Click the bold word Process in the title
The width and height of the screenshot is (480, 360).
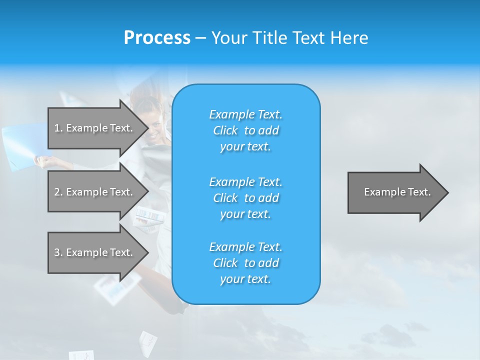(157, 38)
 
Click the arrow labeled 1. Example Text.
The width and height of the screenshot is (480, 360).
(95, 128)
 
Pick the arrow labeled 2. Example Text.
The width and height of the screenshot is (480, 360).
(95, 192)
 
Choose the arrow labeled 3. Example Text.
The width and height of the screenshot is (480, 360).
(95, 252)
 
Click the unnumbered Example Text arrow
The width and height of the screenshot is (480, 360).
(395, 192)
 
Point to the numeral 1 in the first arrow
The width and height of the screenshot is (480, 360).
(57, 128)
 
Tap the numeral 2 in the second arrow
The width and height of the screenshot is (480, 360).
(57, 192)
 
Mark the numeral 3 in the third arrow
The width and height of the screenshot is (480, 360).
(57, 252)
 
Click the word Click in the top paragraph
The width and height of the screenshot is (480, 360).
(225, 130)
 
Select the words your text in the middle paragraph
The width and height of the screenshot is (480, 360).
(245, 214)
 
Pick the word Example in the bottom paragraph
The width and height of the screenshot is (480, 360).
(232, 247)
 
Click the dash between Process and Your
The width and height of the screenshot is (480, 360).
(201, 38)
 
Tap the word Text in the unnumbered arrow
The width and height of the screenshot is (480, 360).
(419, 192)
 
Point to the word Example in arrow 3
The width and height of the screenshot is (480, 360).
(87, 252)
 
